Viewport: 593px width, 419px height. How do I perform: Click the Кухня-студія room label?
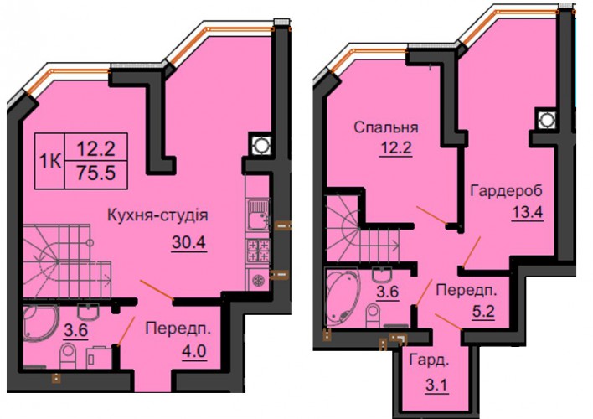(x=157, y=215)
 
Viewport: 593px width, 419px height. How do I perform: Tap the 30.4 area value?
(x=188, y=242)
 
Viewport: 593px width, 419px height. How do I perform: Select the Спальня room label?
(x=386, y=127)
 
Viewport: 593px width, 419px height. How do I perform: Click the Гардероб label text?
(x=507, y=191)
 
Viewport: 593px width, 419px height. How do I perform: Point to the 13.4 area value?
(x=527, y=213)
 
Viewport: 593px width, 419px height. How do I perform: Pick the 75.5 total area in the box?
(x=96, y=173)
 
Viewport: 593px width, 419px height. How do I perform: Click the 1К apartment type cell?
(x=50, y=162)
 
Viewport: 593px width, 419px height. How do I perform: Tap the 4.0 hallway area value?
(x=194, y=352)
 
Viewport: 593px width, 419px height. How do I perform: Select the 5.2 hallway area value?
(x=483, y=312)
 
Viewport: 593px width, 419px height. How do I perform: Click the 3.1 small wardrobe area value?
(x=437, y=385)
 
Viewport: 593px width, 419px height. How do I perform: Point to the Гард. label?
(x=430, y=360)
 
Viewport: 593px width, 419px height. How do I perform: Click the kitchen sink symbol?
(x=259, y=215)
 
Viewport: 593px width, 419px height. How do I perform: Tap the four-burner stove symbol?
(x=259, y=251)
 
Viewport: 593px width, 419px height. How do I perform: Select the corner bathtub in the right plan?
(x=342, y=297)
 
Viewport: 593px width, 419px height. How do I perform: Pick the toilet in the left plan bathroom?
(x=69, y=356)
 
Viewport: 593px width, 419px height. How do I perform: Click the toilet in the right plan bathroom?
(x=374, y=316)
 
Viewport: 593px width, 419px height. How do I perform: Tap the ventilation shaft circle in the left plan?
(x=260, y=145)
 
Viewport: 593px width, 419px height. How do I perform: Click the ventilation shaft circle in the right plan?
(x=546, y=120)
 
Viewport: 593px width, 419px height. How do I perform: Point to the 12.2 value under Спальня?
(x=396, y=148)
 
